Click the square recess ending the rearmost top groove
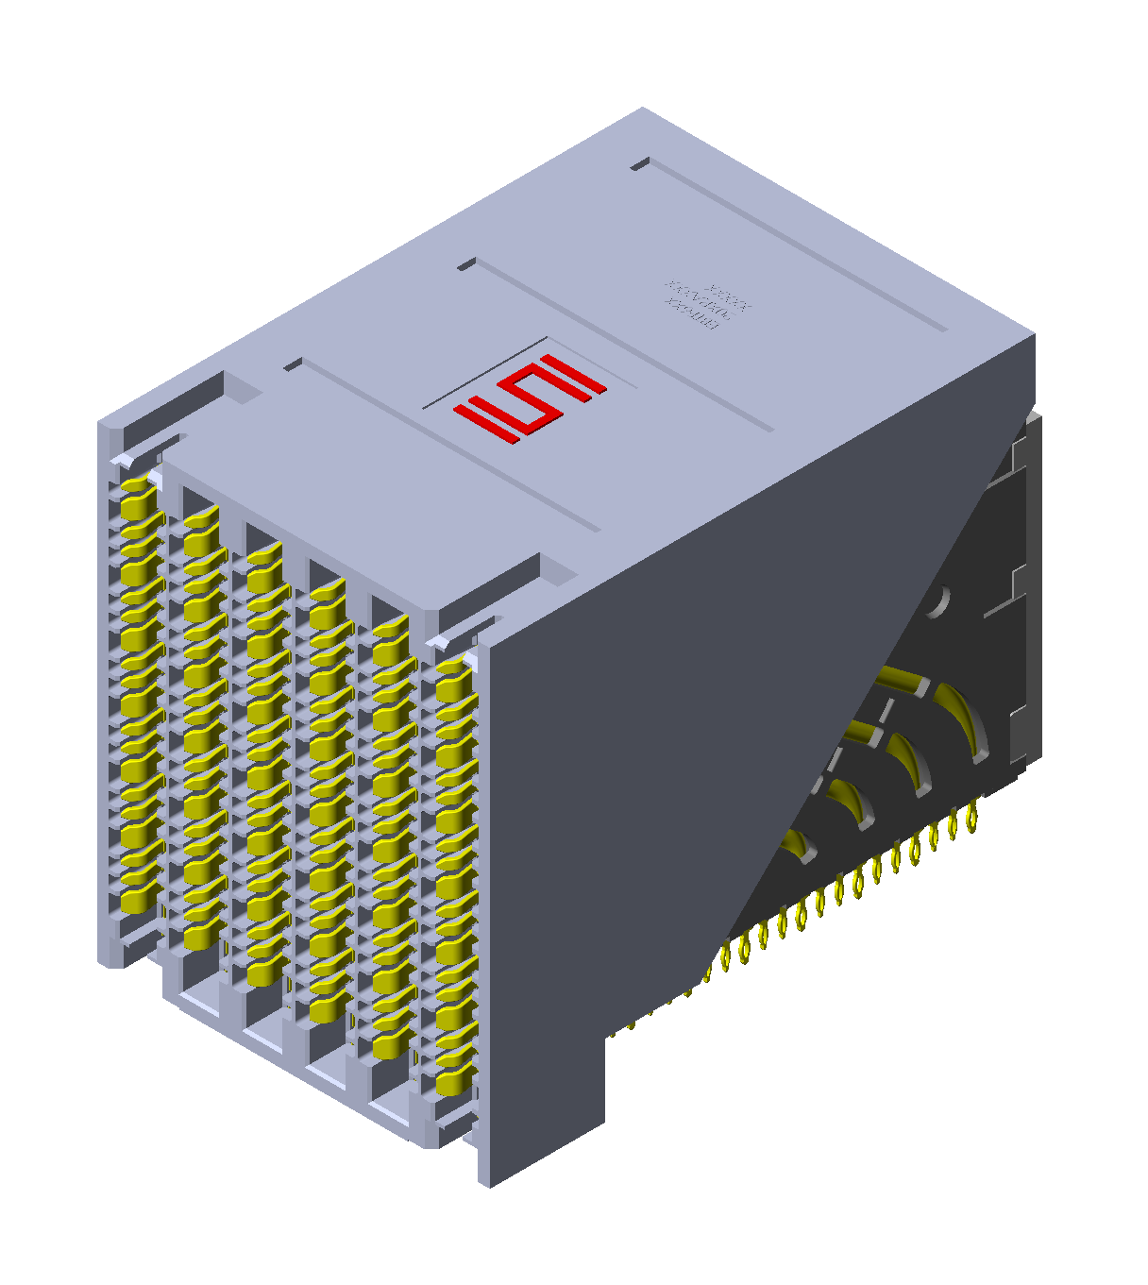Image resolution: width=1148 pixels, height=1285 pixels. click(640, 164)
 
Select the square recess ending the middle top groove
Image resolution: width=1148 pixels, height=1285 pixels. click(465, 265)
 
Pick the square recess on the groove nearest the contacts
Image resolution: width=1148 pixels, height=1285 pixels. click(293, 364)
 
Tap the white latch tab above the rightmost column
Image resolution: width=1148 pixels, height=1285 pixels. click(440, 642)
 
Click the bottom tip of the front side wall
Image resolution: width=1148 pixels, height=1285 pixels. click(486, 1181)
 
